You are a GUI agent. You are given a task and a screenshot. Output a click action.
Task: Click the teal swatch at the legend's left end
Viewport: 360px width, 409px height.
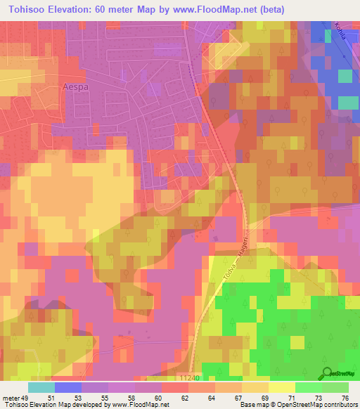coord(41,387)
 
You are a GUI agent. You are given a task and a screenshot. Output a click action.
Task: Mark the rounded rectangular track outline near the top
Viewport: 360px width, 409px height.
coord(167,49)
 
